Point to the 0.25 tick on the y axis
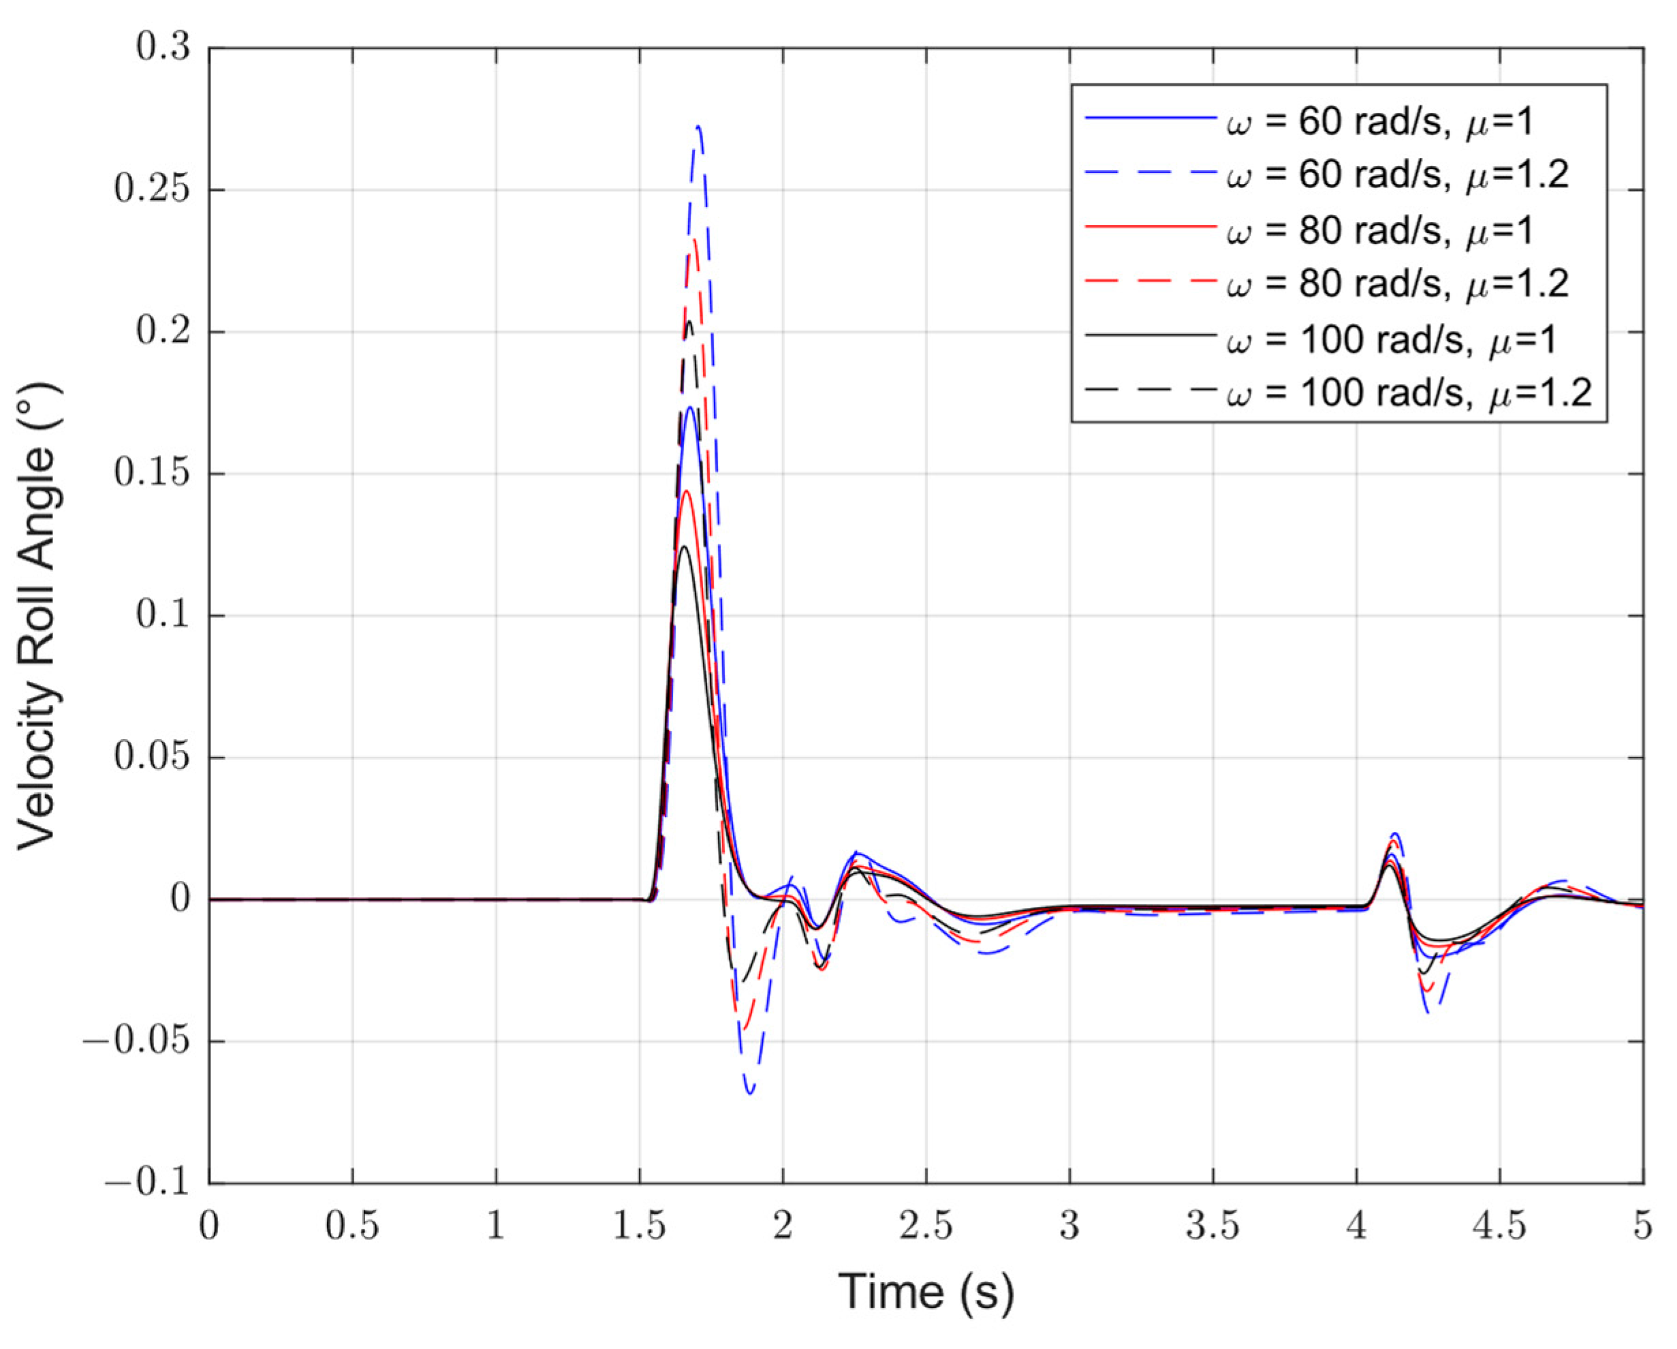pos(153,190)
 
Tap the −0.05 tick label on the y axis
pos(137,1042)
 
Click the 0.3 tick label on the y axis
pos(163,48)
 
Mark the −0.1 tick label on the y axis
pos(148,1183)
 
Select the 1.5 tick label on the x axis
pos(640,1227)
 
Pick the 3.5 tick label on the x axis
pos(1212,1227)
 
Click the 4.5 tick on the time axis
pos(1500,1227)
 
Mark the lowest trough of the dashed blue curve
pos(751,1094)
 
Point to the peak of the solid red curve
pos(686,491)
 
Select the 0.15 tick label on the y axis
pos(153,474)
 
